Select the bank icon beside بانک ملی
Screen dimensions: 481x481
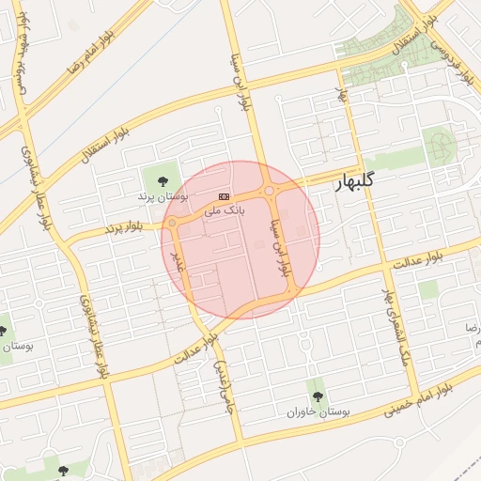coord(223,196)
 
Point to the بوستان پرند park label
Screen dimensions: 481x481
coord(163,196)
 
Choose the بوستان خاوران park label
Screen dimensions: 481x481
coord(318,411)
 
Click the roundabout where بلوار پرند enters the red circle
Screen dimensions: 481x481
coord(172,223)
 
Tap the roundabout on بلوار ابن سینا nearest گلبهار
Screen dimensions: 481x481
coord(270,192)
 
